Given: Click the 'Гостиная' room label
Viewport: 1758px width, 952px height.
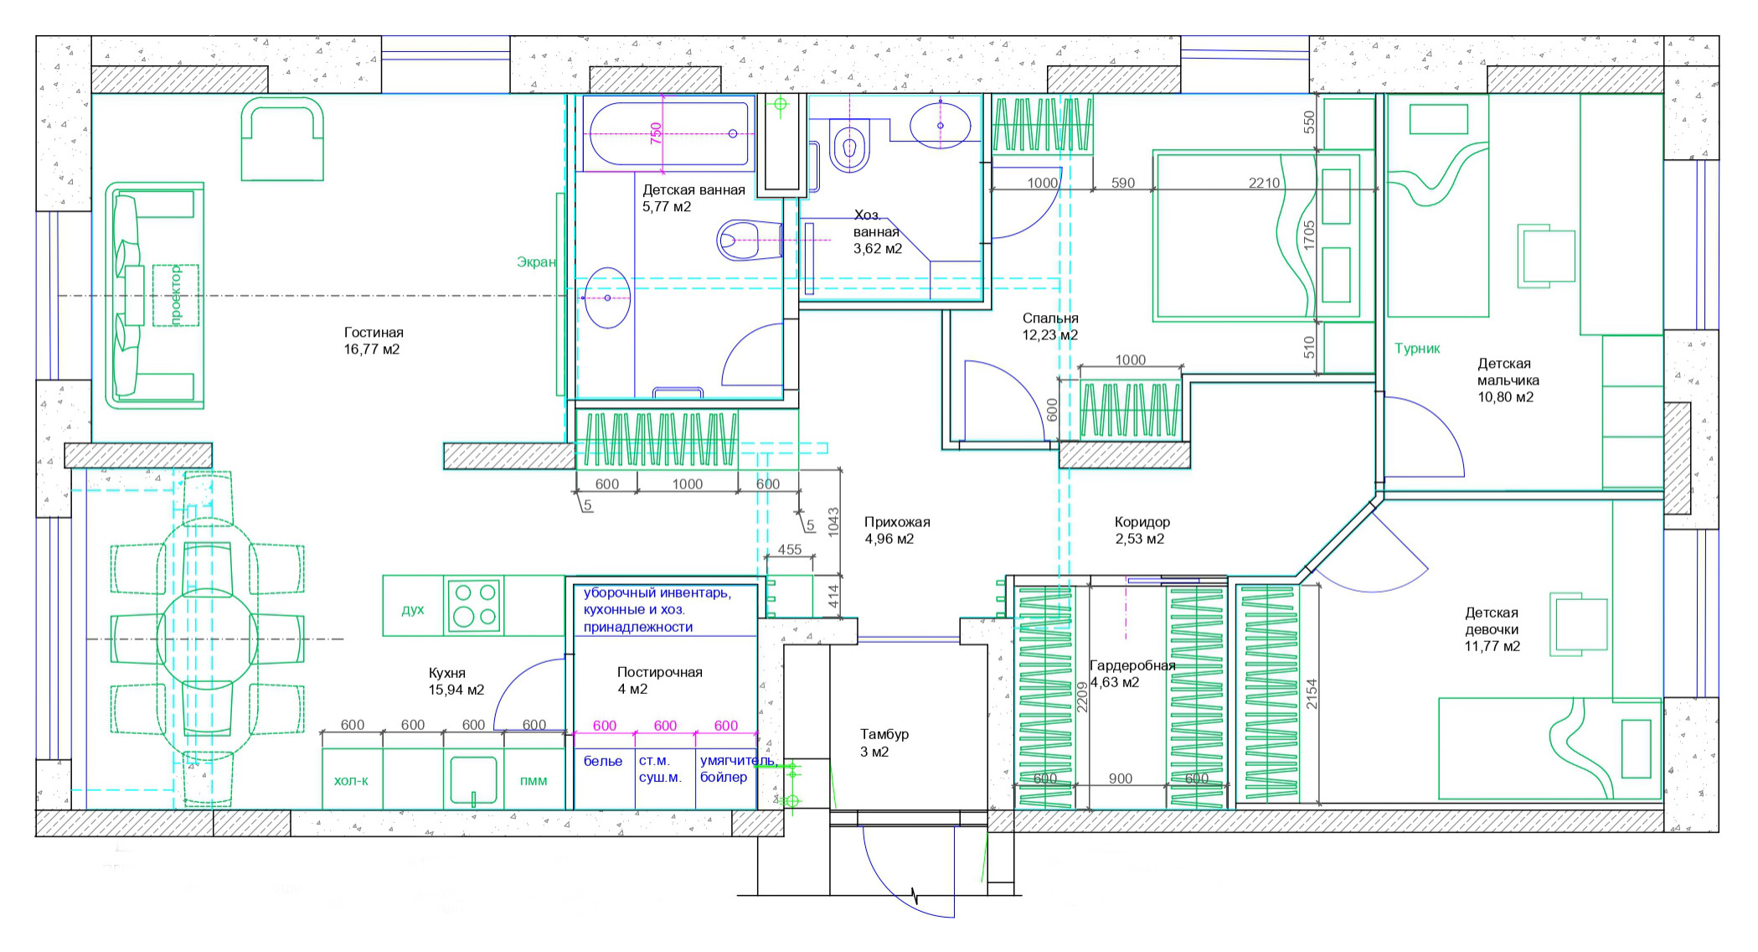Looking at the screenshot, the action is (x=374, y=333).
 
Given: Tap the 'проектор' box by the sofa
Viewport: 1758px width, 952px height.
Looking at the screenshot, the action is (x=176, y=295).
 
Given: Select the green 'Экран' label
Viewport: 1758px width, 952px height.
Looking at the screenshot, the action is (x=536, y=262).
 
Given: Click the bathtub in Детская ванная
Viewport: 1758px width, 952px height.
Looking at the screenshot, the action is (x=668, y=133).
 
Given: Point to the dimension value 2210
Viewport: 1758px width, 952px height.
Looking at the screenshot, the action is (x=1264, y=183).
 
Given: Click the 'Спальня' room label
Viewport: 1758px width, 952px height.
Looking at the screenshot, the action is (x=1050, y=318).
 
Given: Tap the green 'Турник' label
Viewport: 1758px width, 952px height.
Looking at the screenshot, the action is (x=1417, y=349).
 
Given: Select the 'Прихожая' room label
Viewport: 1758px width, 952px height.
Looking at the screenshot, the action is (x=897, y=522).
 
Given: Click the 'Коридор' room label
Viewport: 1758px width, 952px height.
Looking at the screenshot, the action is (x=1142, y=522).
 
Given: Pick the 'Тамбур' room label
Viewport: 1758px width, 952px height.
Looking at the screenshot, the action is (x=884, y=734).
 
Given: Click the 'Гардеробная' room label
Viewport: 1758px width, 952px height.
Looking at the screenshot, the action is (x=1132, y=665).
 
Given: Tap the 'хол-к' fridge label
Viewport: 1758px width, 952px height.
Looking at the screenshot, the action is (x=351, y=781).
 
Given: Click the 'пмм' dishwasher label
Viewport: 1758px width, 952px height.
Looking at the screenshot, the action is (x=534, y=781).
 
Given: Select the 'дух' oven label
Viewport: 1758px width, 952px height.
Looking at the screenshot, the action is (x=413, y=609).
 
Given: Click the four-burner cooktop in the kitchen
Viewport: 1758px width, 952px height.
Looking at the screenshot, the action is (x=474, y=605).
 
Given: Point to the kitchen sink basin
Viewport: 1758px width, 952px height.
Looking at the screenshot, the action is (x=473, y=780).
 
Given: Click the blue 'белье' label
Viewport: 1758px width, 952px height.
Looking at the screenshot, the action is (x=603, y=761).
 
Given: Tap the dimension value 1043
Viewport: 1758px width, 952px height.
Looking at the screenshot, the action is (x=833, y=522).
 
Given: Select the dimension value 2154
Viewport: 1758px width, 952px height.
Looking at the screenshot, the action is (x=1312, y=694).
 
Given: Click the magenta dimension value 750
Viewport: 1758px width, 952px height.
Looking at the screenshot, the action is (x=656, y=133).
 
